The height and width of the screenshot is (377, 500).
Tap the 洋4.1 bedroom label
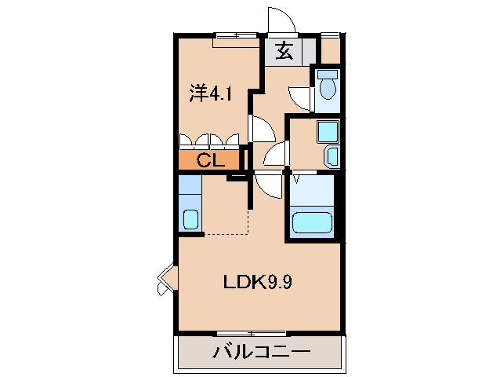pyautogui.click(x=210, y=93)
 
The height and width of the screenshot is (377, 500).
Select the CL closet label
pyautogui.click(x=209, y=161)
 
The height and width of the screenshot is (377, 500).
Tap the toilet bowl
pyautogui.click(x=328, y=88)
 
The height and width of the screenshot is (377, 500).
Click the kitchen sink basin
pyautogui.click(x=190, y=219)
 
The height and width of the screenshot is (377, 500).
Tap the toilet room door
pyautogui.click(x=302, y=96)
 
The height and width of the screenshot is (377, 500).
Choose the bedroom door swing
pyautogui.click(x=261, y=127)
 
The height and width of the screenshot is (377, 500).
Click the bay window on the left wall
pyautogui.click(x=165, y=279)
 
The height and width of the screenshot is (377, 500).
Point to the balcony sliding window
pyautogui.click(x=251, y=334)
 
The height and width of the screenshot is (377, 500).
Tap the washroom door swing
pyautogui.click(x=275, y=156)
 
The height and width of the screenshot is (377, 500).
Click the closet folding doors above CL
pyautogui.click(x=209, y=141)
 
